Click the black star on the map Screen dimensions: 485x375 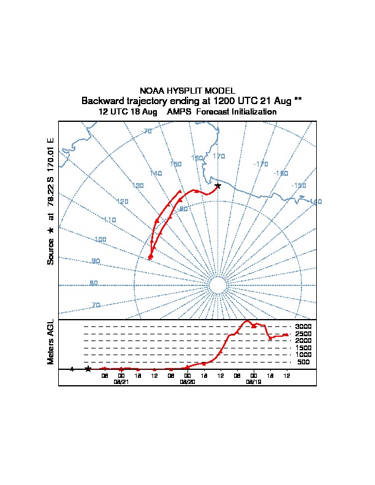pyautogui.click(x=218, y=186)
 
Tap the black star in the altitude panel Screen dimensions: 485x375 pyautogui.click(x=88, y=369)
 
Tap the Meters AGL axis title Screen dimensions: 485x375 pyautogui.click(x=51, y=342)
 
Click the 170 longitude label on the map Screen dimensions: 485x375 pyautogui.click(x=219, y=156)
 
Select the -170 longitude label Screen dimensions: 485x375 pyautogui.click(x=260, y=164)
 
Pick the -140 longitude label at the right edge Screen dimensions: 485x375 pyautogui.click(x=315, y=201)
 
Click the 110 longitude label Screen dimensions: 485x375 pyautogui.click(x=110, y=220)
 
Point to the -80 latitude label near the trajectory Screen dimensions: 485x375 pyautogui.click(x=183, y=209)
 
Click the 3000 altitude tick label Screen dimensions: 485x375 pyautogui.click(x=303, y=326)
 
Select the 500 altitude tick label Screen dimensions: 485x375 pyautogui.click(x=303, y=362)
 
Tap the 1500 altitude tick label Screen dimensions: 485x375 pyautogui.click(x=303, y=348)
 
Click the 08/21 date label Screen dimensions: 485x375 pyautogui.click(x=121, y=382)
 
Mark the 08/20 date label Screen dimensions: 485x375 pyautogui.click(x=187, y=382)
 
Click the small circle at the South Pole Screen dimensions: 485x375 pyautogui.click(x=218, y=285)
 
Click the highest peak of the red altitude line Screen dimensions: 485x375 pyautogui.click(x=248, y=321)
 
